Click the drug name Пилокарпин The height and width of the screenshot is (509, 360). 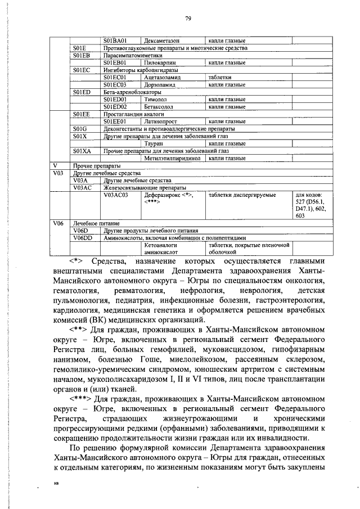[x=158, y=62]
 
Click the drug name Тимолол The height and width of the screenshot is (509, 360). [x=155, y=99]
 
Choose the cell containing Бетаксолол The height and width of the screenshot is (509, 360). [x=159, y=106]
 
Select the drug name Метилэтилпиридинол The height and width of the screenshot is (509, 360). [x=172, y=158]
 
